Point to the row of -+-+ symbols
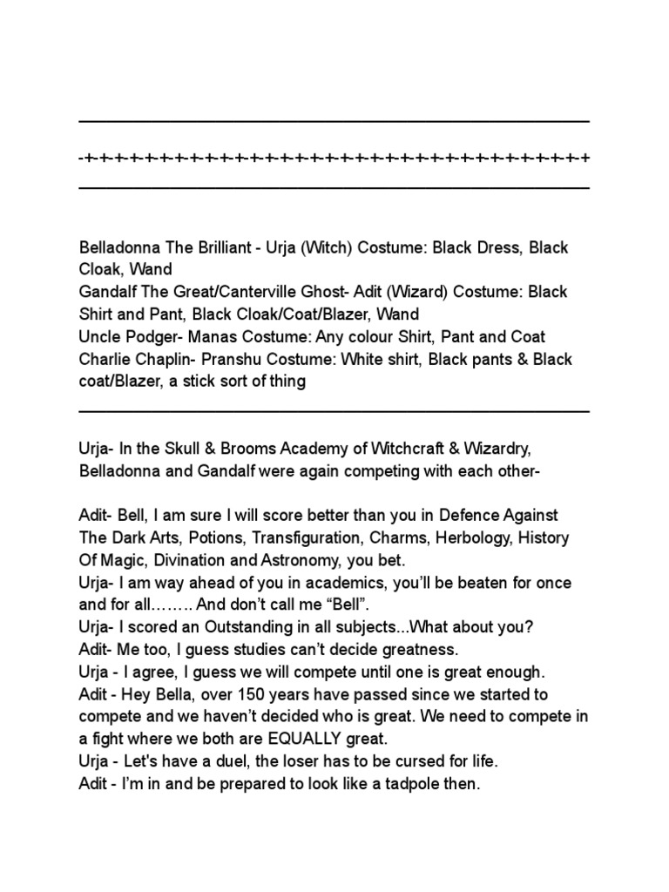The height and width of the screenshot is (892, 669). pyautogui.click(x=334, y=159)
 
